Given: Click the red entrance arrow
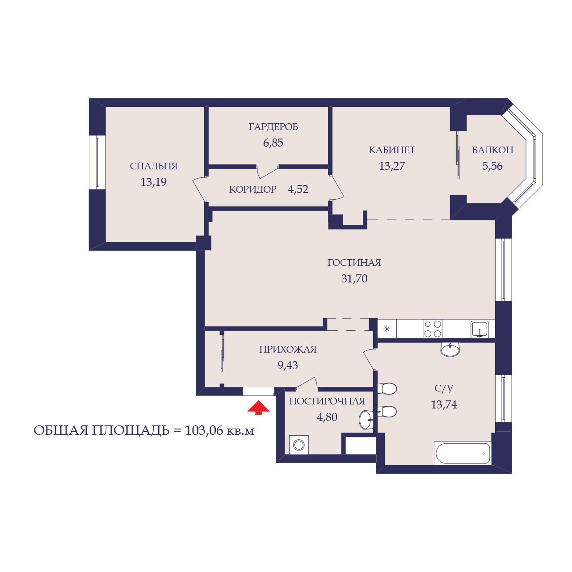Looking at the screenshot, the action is (x=258, y=407).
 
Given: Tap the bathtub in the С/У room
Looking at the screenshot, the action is (x=463, y=453).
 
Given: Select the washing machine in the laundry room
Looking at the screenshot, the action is (x=299, y=445).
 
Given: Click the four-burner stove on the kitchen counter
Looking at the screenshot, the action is (x=433, y=329).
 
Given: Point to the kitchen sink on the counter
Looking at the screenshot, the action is (x=479, y=329).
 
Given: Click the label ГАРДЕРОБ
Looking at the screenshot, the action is (x=273, y=127).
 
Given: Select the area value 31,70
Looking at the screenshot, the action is (x=354, y=278).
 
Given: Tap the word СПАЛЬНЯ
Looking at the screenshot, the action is (x=153, y=166).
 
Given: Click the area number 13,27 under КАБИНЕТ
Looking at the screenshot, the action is (x=391, y=166).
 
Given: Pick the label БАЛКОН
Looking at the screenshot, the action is (x=492, y=150).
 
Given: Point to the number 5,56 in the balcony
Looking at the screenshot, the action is (x=492, y=166).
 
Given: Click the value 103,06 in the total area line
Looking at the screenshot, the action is (x=204, y=430).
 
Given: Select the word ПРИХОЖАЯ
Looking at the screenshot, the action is (x=288, y=349).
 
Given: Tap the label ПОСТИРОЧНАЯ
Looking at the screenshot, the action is (x=327, y=401).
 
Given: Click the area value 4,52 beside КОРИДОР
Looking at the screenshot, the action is (x=298, y=189).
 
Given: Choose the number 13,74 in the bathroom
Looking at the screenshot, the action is (x=444, y=404).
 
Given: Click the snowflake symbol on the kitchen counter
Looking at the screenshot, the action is (x=387, y=329).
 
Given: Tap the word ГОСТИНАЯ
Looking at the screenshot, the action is (x=354, y=263).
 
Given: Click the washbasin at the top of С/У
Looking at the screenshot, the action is (x=450, y=349).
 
